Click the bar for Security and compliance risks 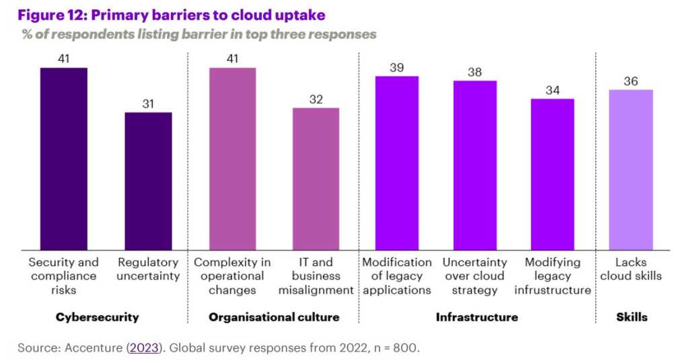point(63,159)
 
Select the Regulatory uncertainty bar point(148,181)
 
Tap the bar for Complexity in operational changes point(232,159)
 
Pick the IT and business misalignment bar point(316,179)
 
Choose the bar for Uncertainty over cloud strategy point(474,166)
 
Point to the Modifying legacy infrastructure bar point(552,174)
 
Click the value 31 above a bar point(148,104)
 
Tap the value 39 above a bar point(397,67)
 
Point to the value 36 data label point(631,81)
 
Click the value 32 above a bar point(316,99)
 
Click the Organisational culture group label point(274,317)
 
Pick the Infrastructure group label point(477,317)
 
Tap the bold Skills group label point(631,317)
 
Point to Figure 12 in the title point(51,14)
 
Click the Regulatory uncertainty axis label point(148,269)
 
